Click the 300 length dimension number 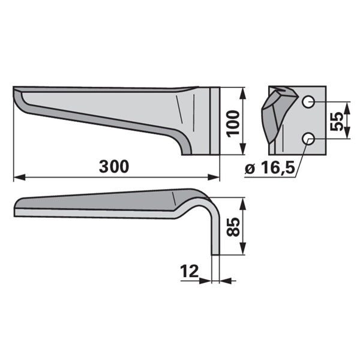coord(114,166)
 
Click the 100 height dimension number coord(233,124)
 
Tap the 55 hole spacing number coord(337,121)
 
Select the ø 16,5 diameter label coord(270,167)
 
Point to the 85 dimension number coord(233,227)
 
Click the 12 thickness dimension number coord(189,271)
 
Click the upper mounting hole coord(308,101)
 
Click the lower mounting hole coord(308,139)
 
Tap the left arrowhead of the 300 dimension coord(20,177)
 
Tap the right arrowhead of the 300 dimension coord(214,177)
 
